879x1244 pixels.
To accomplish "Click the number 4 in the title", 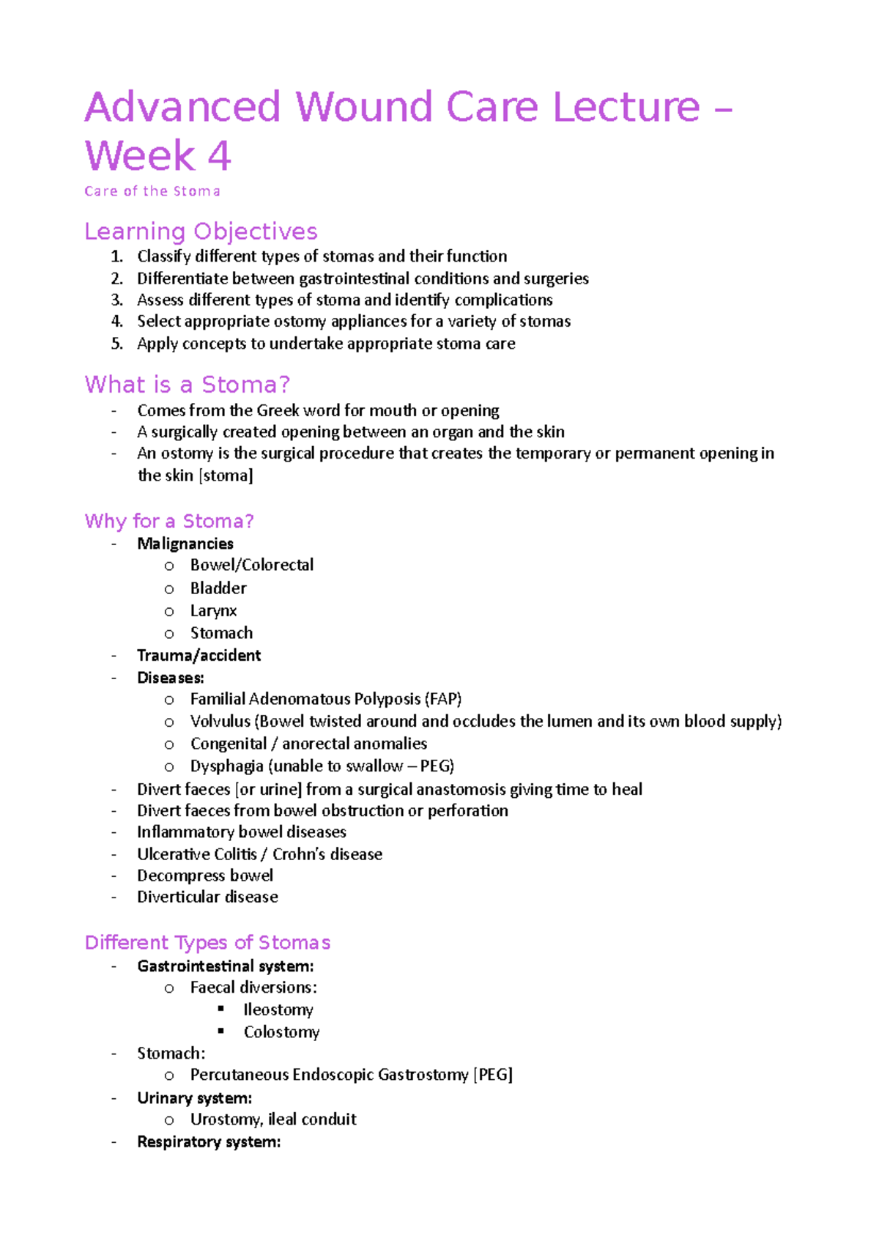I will click(219, 156).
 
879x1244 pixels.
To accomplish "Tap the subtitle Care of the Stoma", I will click(152, 191).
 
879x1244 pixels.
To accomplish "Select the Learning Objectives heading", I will click(201, 232).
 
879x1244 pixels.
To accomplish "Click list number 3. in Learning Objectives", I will click(116, 300).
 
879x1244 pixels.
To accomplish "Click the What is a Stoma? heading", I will click(187, 385).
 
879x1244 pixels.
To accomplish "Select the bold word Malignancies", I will click(185, 544).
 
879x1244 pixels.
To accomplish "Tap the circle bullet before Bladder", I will click(169, 589).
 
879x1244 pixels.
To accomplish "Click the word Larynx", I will click(213, 611).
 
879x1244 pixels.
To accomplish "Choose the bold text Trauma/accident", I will click(199, 655).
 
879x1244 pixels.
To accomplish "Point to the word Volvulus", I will click(220, 721).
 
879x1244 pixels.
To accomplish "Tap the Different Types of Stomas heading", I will click(207, 942).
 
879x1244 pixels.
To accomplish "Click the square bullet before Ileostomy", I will click(221, 1009).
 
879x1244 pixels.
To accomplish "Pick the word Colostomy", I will click(281, 1032).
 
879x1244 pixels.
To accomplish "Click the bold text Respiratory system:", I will click(209, 1142).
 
